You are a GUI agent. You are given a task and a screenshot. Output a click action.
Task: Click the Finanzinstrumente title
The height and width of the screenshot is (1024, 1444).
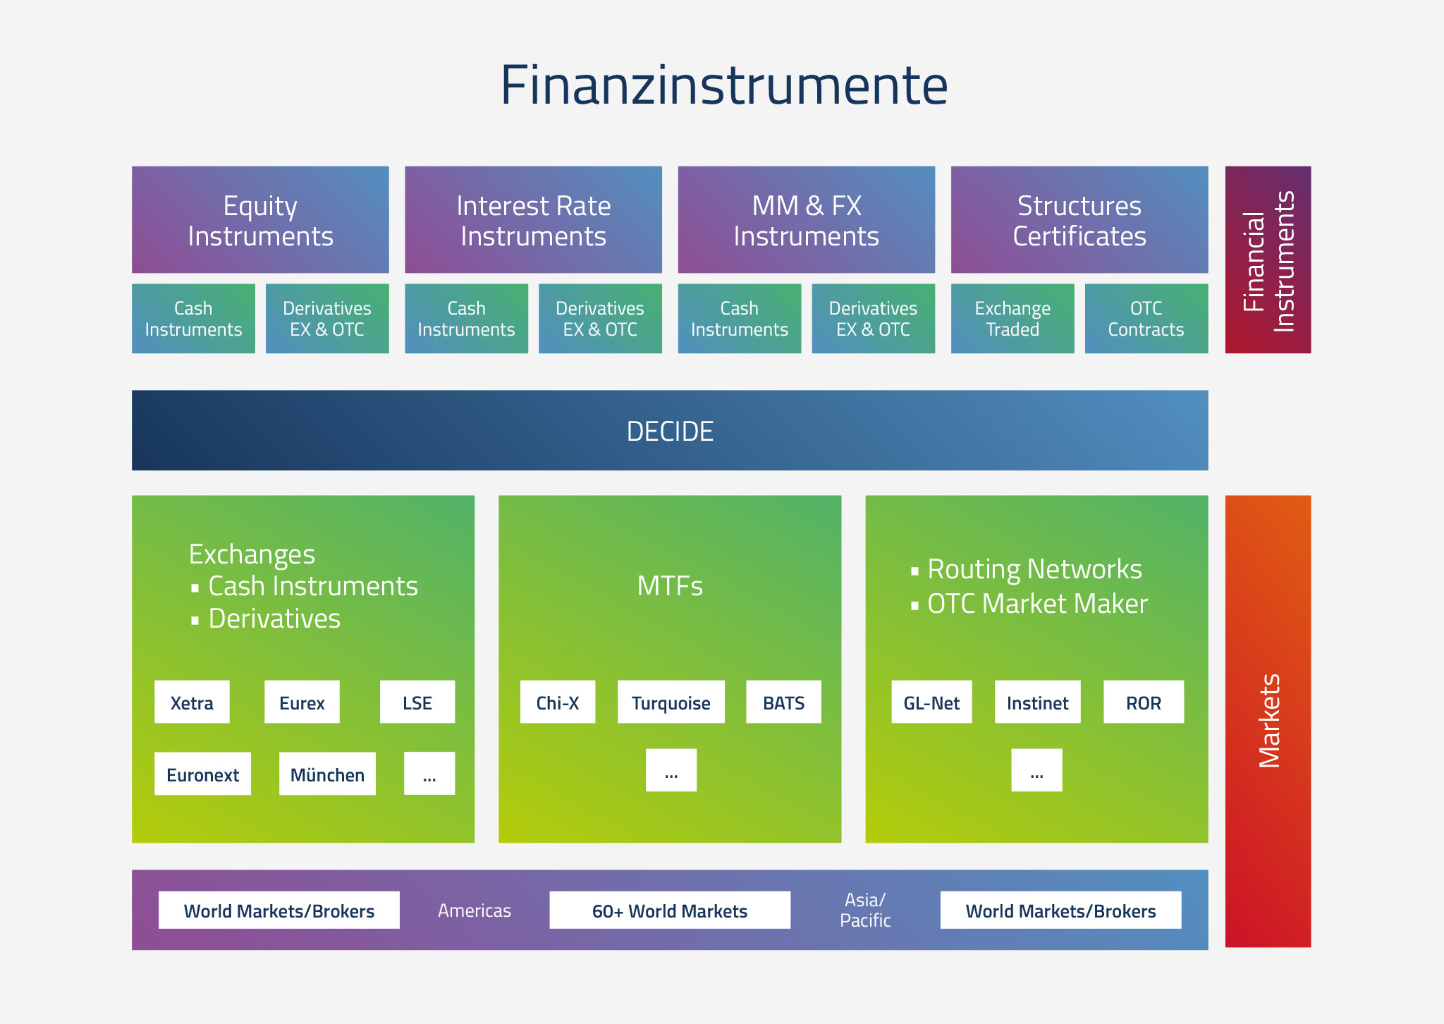pos(724,85)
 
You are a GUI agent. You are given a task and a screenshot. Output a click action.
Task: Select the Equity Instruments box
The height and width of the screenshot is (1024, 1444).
pos(260,219)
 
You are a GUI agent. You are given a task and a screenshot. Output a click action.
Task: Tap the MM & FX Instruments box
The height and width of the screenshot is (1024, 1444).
pos(807,219)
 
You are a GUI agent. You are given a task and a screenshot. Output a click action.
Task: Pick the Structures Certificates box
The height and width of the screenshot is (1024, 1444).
pos(1079,219)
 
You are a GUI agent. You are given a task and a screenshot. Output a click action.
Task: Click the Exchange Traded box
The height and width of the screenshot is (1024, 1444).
pos(1012,318)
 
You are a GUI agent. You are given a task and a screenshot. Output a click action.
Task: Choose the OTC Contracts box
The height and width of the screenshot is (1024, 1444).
pos(1146,318)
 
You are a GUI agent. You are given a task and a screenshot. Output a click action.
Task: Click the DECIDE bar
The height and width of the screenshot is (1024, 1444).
pos(670,430)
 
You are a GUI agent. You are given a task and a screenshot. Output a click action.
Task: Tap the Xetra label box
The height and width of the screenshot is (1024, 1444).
pos(192,702)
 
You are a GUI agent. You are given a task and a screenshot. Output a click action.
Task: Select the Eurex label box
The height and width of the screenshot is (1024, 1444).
pos(302,702)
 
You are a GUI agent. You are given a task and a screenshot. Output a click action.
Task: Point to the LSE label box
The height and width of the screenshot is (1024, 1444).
pos(417,702)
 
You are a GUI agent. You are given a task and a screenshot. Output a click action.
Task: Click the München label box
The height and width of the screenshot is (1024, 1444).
pos(327,774)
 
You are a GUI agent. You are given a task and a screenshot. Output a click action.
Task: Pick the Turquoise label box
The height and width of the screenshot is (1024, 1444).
pos(671,702)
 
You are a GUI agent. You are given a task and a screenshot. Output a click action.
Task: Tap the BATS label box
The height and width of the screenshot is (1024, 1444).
pos(784,702)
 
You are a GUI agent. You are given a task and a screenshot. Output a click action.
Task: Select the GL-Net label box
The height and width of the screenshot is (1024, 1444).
pos(931,702)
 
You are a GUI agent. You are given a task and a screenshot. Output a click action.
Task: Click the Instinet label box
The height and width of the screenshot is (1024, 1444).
pos(1038,702)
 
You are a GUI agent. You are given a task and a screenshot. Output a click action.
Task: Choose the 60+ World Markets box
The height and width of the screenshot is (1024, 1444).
pos(670,910)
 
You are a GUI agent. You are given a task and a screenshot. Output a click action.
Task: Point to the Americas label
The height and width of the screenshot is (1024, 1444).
pos(475,910)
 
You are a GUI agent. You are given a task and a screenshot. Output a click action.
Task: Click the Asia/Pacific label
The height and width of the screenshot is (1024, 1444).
pos(865,910)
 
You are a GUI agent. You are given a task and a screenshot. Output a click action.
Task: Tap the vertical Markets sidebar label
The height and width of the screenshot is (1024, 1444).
pos(1269,721)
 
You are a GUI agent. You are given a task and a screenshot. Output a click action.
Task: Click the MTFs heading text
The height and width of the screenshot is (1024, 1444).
pos(670,586)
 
